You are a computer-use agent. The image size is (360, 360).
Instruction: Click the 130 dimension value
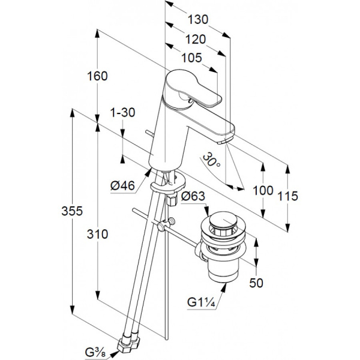click(x=198, y=20)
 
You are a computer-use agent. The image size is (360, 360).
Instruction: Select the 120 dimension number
click(x=196, y=39)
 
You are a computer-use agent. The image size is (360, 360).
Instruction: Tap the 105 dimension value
click(x=192, y=58)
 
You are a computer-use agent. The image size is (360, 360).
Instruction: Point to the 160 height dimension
click(x=97, y=76)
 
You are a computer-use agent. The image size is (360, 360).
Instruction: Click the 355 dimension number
click(x=72, y=211)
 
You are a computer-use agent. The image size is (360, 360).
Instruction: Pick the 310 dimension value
click(x=97, y=235)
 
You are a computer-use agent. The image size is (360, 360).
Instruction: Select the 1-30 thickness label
click(x=123, y=113)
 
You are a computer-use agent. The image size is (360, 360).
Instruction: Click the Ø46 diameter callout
click(x=122, y=185)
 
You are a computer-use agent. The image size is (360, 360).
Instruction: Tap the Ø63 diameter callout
click(x=193, y=196)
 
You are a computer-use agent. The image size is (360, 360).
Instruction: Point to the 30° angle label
click(x=211, y=160)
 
